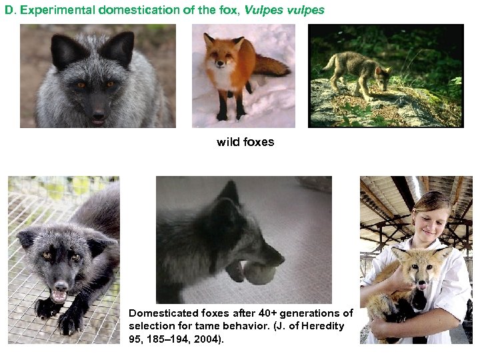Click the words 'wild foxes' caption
(245, 142)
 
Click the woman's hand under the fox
(387, 327)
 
